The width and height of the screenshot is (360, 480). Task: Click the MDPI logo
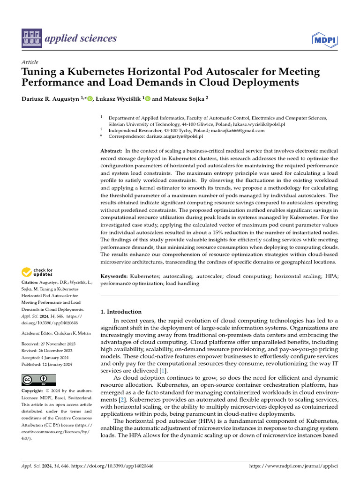point(324,41)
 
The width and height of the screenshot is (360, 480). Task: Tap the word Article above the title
point(30,62)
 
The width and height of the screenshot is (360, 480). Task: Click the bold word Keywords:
point(114,277)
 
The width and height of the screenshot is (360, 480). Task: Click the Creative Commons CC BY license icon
point(39,379)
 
